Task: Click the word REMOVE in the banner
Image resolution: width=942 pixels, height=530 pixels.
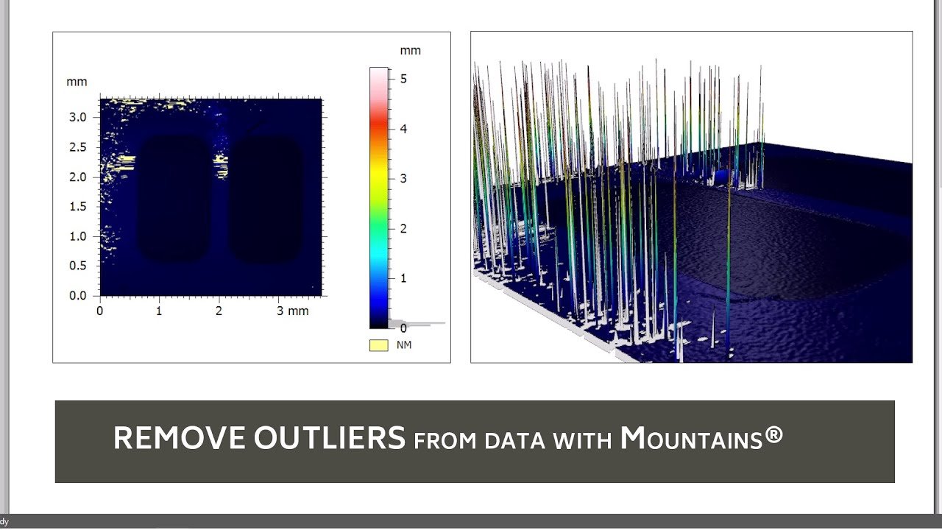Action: pyautogui.click(x=180, y=438)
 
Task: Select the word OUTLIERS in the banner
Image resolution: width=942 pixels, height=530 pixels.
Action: pyautogui.click(x=330, y=438)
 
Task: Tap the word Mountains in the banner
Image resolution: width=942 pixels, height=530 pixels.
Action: pyautogui.click(x=691, y=438)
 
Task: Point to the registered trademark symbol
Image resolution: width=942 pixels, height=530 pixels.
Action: pyautogui.click(x=773, y=434)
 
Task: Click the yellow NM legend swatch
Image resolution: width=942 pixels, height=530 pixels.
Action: pyautogui.click(x=378, y=345)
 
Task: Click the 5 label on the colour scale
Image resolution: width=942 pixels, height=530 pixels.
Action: pyautogui.click(x=403, y=79)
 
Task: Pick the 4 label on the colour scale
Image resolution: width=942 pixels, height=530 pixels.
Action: pyautogui.click(x=403, y=129)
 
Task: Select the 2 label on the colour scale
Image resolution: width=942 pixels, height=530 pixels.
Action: pyautogui.click(x=403, y=229)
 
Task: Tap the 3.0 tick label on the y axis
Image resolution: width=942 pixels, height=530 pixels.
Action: pyautogui.click(x=78, y=117)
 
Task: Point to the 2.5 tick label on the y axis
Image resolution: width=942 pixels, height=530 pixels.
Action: pyautogui.click(x=78, y=147)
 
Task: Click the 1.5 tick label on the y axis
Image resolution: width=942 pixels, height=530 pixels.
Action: pyautogui.click(x=78, y=207)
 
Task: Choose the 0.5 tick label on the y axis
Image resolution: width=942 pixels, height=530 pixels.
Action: pyautogui.click(x=78, y=266)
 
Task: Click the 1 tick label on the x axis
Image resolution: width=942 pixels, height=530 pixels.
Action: pyautogui.click(x=159, y=311)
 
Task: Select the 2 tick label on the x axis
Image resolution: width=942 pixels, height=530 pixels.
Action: pyautogui.click(x=219, y=311)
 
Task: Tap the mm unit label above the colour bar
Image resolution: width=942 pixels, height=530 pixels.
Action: pyautogui.click(x=410, y=51)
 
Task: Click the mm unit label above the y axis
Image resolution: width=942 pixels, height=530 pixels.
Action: pyautogui.click(x=77, y=82)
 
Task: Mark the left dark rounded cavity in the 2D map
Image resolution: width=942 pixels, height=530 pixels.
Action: pyautogui.click(x=174, y=199)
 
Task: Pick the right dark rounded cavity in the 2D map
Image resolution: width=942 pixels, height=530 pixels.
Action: pyautogui.click(x=266, y=199)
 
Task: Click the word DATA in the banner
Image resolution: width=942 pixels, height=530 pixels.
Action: pyautogui.click(x=514, y=441)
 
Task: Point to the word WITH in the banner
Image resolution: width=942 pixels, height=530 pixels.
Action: pyautogui.click(x=582, y=441)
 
